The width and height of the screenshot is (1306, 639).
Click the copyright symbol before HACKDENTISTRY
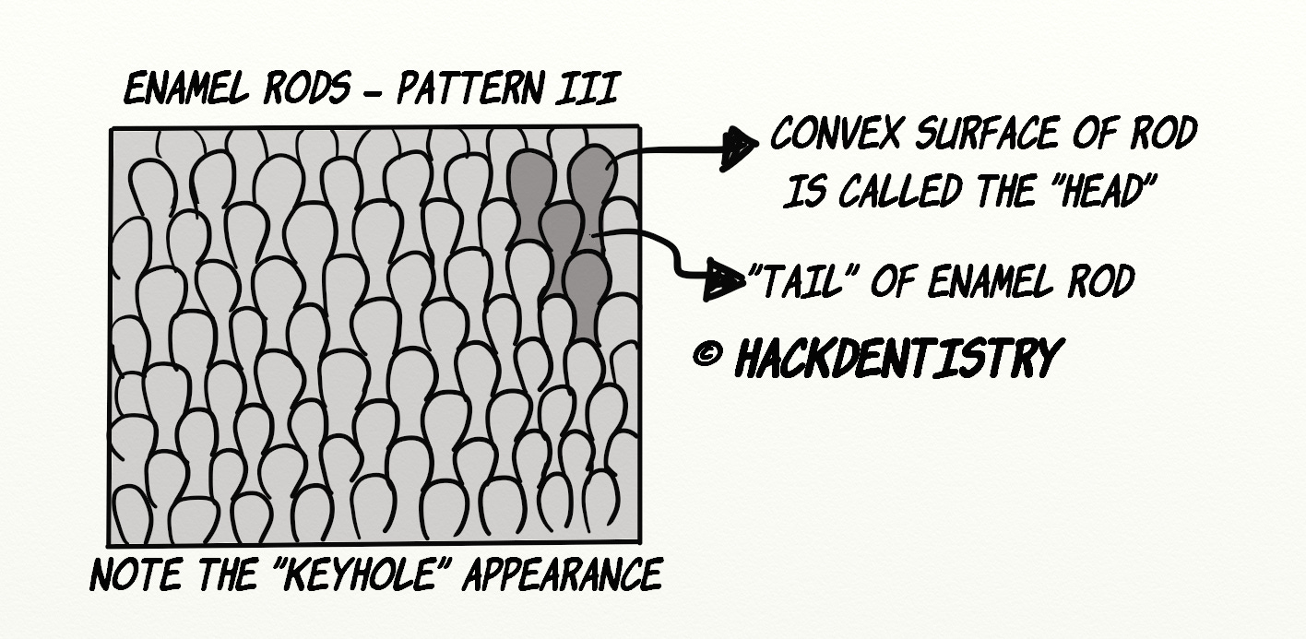click(706, 355)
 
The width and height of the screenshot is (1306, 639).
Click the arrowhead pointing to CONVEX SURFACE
click(739, 148)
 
